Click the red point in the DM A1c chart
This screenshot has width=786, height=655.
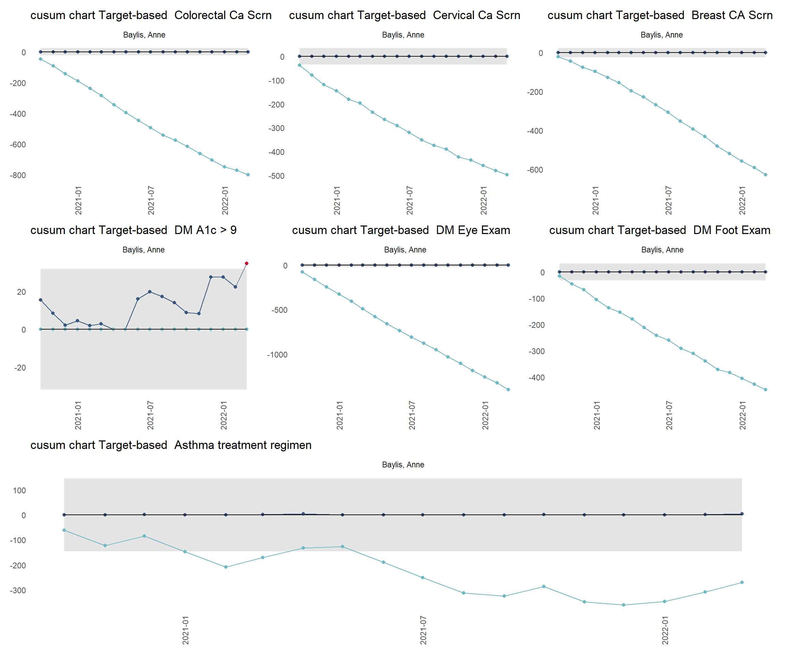(246, 263)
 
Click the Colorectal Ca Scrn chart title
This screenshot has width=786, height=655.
(151, 15)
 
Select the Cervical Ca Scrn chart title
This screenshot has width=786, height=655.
(404, 15)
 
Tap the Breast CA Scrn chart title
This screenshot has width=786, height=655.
(660, 15)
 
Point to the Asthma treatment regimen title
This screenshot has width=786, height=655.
(171, 445)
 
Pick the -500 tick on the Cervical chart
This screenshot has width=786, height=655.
(276, 176)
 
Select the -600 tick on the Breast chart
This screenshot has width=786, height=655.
(535, 170)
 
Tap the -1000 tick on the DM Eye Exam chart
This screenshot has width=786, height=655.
(277, 355)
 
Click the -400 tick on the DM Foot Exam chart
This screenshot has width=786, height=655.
(536, 378)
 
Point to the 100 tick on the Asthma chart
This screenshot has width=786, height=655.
(19, 491)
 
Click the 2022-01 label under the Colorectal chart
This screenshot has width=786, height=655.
(225, 200)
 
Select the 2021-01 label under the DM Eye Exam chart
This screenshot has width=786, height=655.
(340, 415)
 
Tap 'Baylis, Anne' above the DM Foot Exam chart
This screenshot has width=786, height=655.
(662, 250)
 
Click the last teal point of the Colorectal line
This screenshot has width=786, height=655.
(248, 175)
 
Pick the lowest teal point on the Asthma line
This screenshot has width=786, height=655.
(624, 605)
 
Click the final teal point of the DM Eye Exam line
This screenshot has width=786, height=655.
(508, 390)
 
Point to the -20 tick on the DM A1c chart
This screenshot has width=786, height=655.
(20, 368)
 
